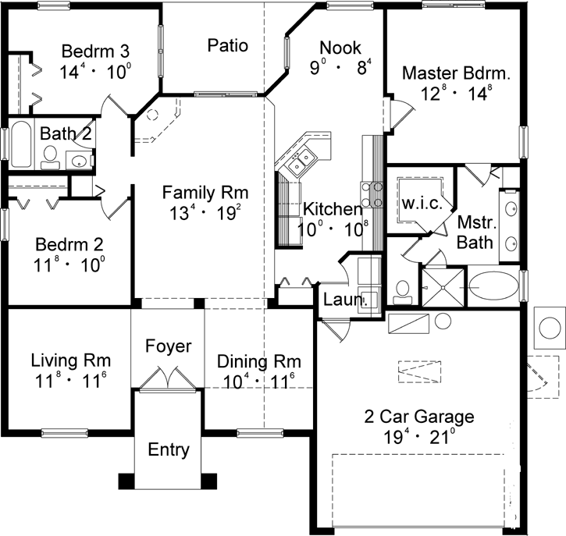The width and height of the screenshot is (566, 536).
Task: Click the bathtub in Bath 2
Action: [x=21, y=144]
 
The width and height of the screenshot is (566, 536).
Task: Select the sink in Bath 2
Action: [x=80, y=162]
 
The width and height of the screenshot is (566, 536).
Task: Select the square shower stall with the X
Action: [x=443, y=286]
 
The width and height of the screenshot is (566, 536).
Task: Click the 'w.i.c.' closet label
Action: [x=423, y=204]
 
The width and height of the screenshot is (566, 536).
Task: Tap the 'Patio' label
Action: [x=228, y=45]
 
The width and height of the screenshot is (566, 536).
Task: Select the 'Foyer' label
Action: [x=168, y=346]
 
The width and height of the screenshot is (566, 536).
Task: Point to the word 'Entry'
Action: [x=168, y=449]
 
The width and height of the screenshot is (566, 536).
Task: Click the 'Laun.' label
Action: [x=340, y=299]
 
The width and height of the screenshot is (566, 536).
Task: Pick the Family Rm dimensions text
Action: [x=205, y=212]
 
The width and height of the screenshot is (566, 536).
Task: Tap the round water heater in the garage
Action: [x=443, y=321]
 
